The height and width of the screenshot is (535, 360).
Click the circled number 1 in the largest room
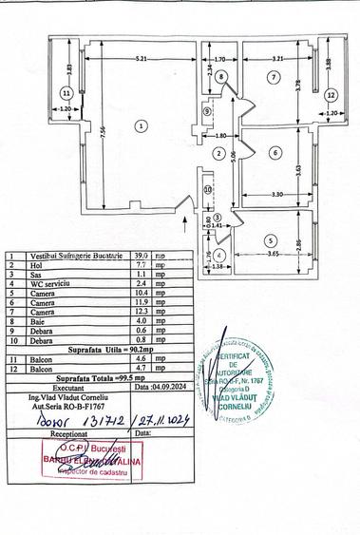pyautogui.click(x=140, y=124)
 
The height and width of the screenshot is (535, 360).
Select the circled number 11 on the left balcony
pyautogui.click(x=65, y=93)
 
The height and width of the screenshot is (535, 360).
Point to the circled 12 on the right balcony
pyautogui.click(x=330, y=94)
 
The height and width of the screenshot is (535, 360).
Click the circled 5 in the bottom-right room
pyautogui.click(x=270, y=241)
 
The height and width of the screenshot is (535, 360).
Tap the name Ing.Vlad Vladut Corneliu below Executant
pyautogui.click(x=68, y=396)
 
